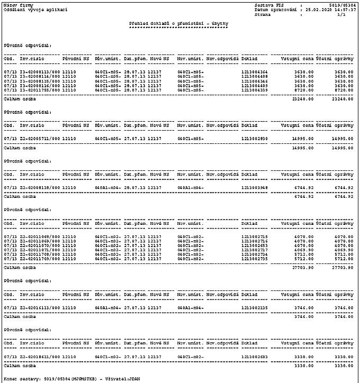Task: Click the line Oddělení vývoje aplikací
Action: (x=29, y=10)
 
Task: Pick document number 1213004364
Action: (x=255, y=72)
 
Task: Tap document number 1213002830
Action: (x=255, y=138)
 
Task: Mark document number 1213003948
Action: (x=255, y=187)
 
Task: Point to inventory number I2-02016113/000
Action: (x=40, y=307)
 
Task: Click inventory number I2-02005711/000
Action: (x=40, y=138)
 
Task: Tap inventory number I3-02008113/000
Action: (x=40, y=72)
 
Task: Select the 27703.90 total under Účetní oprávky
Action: (x=343, y=268)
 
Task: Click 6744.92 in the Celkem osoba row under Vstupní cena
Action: (x=304, y=196)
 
